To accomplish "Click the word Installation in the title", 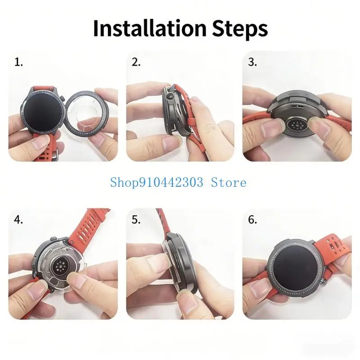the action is [150, 28].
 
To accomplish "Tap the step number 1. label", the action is [18, 62].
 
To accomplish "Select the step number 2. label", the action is [136, 62].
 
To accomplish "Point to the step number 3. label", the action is [252, 62].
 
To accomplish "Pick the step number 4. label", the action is [18, 220].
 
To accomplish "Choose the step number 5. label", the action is [136, 220].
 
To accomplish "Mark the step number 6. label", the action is [252, 220].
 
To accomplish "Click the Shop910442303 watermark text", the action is [157, 183].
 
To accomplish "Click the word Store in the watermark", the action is [229, 183].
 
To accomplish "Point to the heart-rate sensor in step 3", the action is [297, 126].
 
